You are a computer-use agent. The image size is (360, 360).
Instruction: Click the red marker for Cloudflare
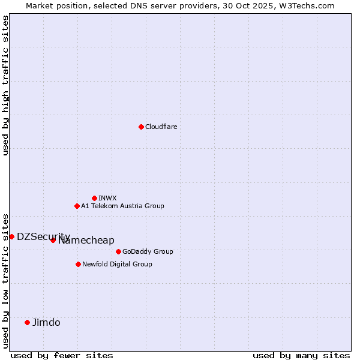(x=141, y=127)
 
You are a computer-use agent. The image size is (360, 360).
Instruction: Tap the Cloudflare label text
(x=161, y=127)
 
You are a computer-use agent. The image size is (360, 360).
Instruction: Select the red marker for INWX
(x=94, y=198)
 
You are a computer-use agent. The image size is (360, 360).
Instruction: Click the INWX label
(x=107, y=198)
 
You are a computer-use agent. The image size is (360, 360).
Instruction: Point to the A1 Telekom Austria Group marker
(x=77, y=206)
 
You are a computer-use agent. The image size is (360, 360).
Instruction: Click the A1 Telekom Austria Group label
(x=122, y=206)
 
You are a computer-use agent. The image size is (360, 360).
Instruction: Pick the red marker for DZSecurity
(x=11, y=236)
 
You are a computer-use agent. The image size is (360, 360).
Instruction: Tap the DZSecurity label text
(x=43, y=236)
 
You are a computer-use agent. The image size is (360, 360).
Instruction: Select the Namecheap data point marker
(x=53, y=240)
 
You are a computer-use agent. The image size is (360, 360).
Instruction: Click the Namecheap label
(x=86, y=241)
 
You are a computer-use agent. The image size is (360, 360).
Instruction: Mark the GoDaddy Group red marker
(x=118, y=251)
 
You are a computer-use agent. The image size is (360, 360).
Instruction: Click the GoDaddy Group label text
(x=148, y=251)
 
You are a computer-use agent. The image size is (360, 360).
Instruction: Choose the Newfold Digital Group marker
(x=78, y=264)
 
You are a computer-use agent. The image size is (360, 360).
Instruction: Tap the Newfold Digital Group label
(x=117, y=264)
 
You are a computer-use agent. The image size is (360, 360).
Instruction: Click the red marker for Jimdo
(x=27, y=322)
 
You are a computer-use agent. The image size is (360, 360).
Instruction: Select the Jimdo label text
(x=46, y=322)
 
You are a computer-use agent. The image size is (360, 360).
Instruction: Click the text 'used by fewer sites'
(x=62, y=355)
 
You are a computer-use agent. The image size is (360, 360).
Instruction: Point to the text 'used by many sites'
(x=301, y=355)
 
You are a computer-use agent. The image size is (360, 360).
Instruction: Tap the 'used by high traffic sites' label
(x=5, y=85)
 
